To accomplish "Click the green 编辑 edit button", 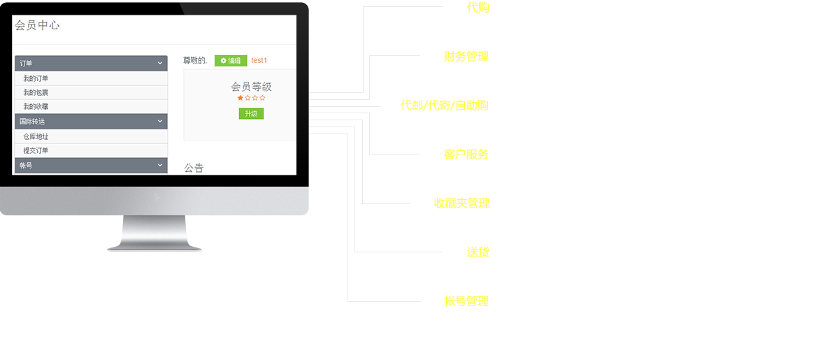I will click(x=231, y=61).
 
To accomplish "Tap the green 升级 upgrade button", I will click(x=251, y=113).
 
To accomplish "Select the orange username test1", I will click(x=259, y=61).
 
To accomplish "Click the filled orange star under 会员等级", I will click(x=241, y=99).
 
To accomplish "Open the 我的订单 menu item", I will click(x=36, y=78).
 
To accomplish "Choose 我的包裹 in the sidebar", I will click(x=36, y=92).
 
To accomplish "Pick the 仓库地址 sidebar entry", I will click(x=36, y=137).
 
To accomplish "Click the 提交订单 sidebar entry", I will click(x=36, y=150).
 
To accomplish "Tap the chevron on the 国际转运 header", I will click(x=160, y=121).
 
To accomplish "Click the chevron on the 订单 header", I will click(x=160, y=63).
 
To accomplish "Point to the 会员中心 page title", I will click(x=37, y=25).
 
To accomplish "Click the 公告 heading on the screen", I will click(x=194, y=168).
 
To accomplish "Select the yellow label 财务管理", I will click(x=466, y=57).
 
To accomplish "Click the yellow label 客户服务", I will click(x=466, y=154).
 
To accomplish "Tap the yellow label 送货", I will click(x=478, y=252).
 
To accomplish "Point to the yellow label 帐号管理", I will click(x=466, y=301).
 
